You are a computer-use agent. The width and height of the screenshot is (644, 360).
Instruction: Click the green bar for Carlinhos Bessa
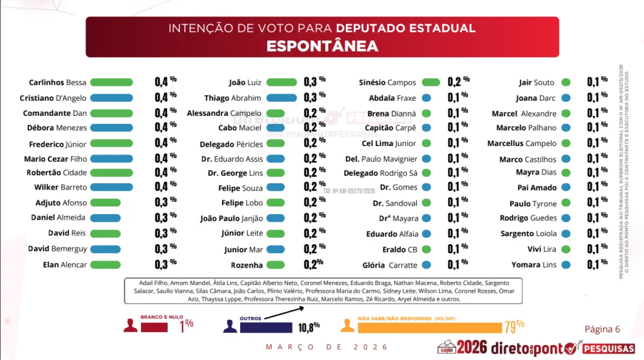point(111,82)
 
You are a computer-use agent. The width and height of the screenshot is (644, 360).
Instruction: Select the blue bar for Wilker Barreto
point(111,188)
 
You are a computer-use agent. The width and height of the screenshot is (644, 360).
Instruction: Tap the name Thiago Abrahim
point(232,98)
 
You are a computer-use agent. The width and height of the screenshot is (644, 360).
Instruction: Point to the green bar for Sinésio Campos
point(431,82)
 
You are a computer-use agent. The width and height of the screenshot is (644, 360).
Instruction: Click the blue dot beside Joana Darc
point(566,98)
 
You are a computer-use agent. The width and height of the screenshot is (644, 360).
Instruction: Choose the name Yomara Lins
point(534,265)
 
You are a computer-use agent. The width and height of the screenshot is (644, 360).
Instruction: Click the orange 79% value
point(514,327)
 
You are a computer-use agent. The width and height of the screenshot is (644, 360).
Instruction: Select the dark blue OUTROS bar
point(266,327)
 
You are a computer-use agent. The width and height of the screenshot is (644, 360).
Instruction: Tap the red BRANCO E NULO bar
point(154,327)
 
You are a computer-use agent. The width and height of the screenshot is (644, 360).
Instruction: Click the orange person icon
point(347,325)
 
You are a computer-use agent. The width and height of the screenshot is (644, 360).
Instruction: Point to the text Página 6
point(602,329)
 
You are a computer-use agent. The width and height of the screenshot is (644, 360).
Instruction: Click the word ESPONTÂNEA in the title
point(321,47)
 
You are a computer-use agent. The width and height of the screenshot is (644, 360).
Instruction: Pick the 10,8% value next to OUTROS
point(308,327)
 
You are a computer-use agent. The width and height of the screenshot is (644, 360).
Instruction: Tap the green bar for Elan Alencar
point(105,265)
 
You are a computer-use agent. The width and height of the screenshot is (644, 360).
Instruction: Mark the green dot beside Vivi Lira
point(566,249)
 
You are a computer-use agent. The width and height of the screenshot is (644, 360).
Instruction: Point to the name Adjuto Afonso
point(61,203)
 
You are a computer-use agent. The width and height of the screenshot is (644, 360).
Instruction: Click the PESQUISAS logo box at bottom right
point(608,347)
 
